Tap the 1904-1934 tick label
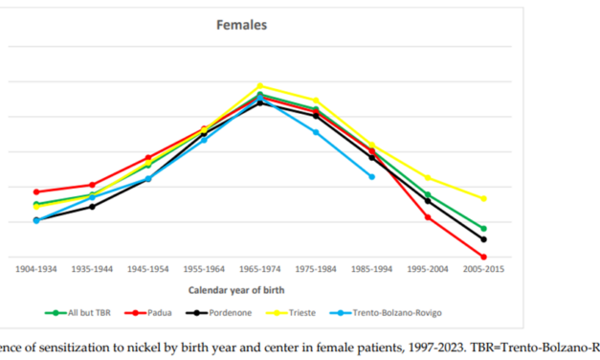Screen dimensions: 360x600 (36, 269)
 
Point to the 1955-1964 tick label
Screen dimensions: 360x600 (204, 269)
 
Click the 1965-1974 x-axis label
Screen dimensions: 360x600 (259, 269)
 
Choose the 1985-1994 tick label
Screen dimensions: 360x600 (371, 269)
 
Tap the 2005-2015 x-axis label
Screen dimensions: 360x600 (483, 269)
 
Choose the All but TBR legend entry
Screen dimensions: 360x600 (87, 311)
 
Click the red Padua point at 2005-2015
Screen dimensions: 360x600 (483, 257)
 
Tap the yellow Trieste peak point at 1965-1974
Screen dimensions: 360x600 (259, 86)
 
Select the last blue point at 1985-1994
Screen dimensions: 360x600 (371, 176)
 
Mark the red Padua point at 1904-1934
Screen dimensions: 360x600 (36, 191)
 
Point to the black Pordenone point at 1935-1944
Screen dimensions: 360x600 (92, 206)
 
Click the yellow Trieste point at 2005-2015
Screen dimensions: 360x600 (483, 198)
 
